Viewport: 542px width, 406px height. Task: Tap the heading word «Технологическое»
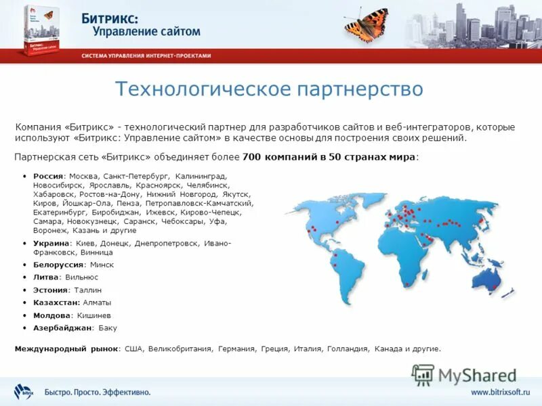(196, 89)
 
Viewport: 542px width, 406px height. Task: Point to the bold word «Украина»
(51, 243)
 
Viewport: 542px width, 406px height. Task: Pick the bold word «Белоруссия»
(58, 265)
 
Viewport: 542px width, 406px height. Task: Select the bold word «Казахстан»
(56, 302)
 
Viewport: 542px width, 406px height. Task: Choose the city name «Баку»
(106, 328)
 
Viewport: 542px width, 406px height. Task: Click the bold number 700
(251, 158)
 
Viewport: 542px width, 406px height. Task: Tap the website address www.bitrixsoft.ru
(500, 392)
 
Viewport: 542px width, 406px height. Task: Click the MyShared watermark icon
(423, 374)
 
